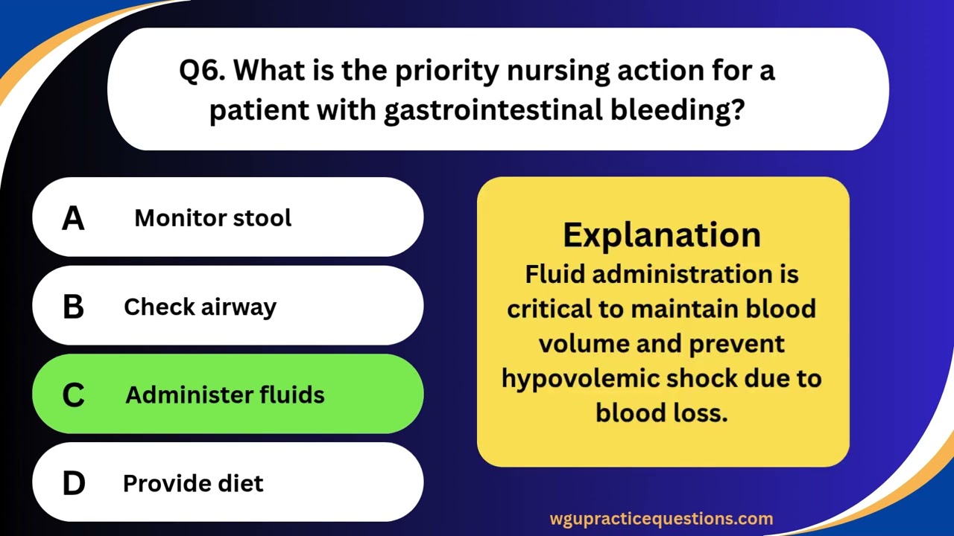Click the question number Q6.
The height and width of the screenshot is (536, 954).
pyautogui.click(x=203, y=71)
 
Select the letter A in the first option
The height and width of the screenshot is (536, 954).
pyautogui.click(x=73, y=218)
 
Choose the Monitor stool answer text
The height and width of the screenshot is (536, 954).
pyautogui.click(x=212, y=218)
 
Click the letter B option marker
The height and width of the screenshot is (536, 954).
pyautogui.click(x=73, y=307)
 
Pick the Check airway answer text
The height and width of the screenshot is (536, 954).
pyautogui.click(x=200, y=307)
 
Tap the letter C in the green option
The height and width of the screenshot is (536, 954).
pyautogui.click(x=73, y=395)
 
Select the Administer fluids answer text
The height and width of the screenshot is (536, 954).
pyautogui.click(x=224, y=395)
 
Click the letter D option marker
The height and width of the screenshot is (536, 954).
pyautogui.click(x=73, y=484)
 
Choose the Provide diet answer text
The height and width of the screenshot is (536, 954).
pyautogui.click(x=193, y=484)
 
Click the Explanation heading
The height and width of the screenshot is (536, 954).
pyautogui.click(x=662, y=234)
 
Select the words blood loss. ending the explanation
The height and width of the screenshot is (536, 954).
pyautogui.click(x=662, y=412)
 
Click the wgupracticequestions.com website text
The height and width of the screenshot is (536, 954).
pyautogui.click(x=661, y=519)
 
